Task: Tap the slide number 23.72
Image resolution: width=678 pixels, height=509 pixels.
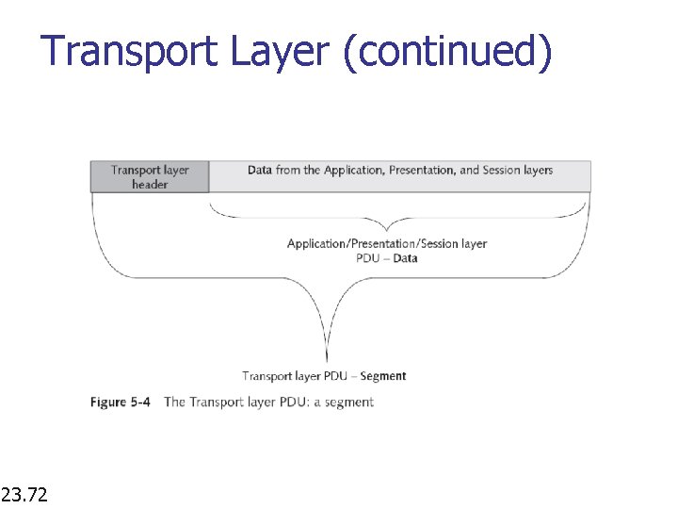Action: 25,493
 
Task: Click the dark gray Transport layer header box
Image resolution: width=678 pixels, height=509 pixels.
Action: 150,177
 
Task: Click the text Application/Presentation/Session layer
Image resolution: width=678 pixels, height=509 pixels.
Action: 387,243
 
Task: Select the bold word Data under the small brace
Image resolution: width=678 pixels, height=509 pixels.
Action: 405,258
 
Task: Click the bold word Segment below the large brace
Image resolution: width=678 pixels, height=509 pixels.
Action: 383,376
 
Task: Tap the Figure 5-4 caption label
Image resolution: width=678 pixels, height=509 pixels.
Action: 121,402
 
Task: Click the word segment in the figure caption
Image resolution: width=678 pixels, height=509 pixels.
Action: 350,402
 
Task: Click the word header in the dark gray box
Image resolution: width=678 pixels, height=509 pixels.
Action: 150,185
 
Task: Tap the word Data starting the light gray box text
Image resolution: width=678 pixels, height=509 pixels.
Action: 261,171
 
